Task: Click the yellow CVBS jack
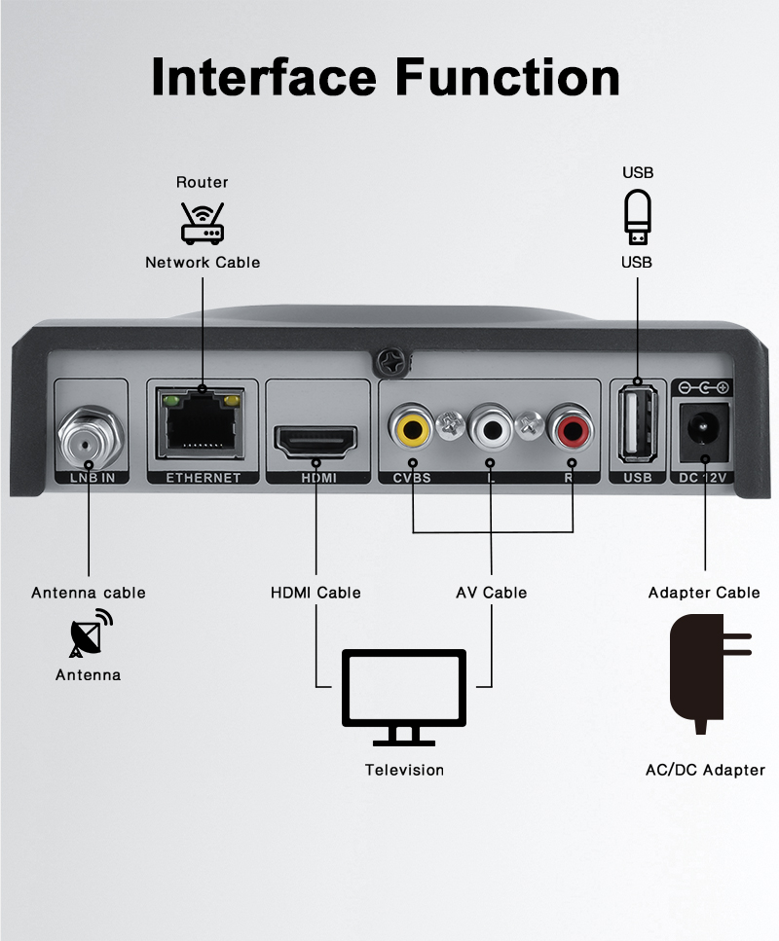point(412,426)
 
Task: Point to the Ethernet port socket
point(203,425)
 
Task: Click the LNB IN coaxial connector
point(88,438)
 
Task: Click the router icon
point(203,222)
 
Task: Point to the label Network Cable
point(203,262)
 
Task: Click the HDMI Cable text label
point(315,593)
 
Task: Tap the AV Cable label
point(492,593)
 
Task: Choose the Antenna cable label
point(89,593)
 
